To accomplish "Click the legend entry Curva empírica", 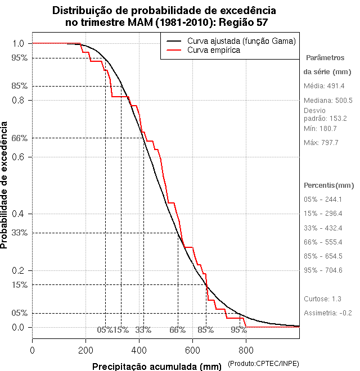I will pyautogui.click(x=214, y=51).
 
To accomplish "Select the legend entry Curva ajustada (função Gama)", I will pyautogui.click(x=242, y=41).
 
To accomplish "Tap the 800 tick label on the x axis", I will pyautogui.click(x=246, y=350).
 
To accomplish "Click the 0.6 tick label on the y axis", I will pyautogui.click(x=19, y=157).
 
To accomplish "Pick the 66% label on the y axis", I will pyautogui.click(x=19, y=138).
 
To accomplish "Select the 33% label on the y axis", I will pyautogui.click(x=19, y=233).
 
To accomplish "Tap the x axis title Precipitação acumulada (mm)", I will pyautogui.click(x=157, y=367).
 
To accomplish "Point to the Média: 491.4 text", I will pyautogui.click(x=324, y=86).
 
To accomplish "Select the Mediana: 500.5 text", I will pyautogui.click(x=328, y=100).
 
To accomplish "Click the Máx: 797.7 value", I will pyautogui.click(x=321, y=143).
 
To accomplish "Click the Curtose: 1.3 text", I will pyautogui.click(x=322, y=299).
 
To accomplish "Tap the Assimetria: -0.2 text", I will pyautogui.click(x=328, y=313).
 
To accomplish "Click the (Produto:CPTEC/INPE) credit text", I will pyautogui.click(x=263, y=365).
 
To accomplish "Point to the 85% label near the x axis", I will pyautogui.click(x=205, y=330).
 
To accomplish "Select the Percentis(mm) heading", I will pyautogui.click(x=329, y=185).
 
